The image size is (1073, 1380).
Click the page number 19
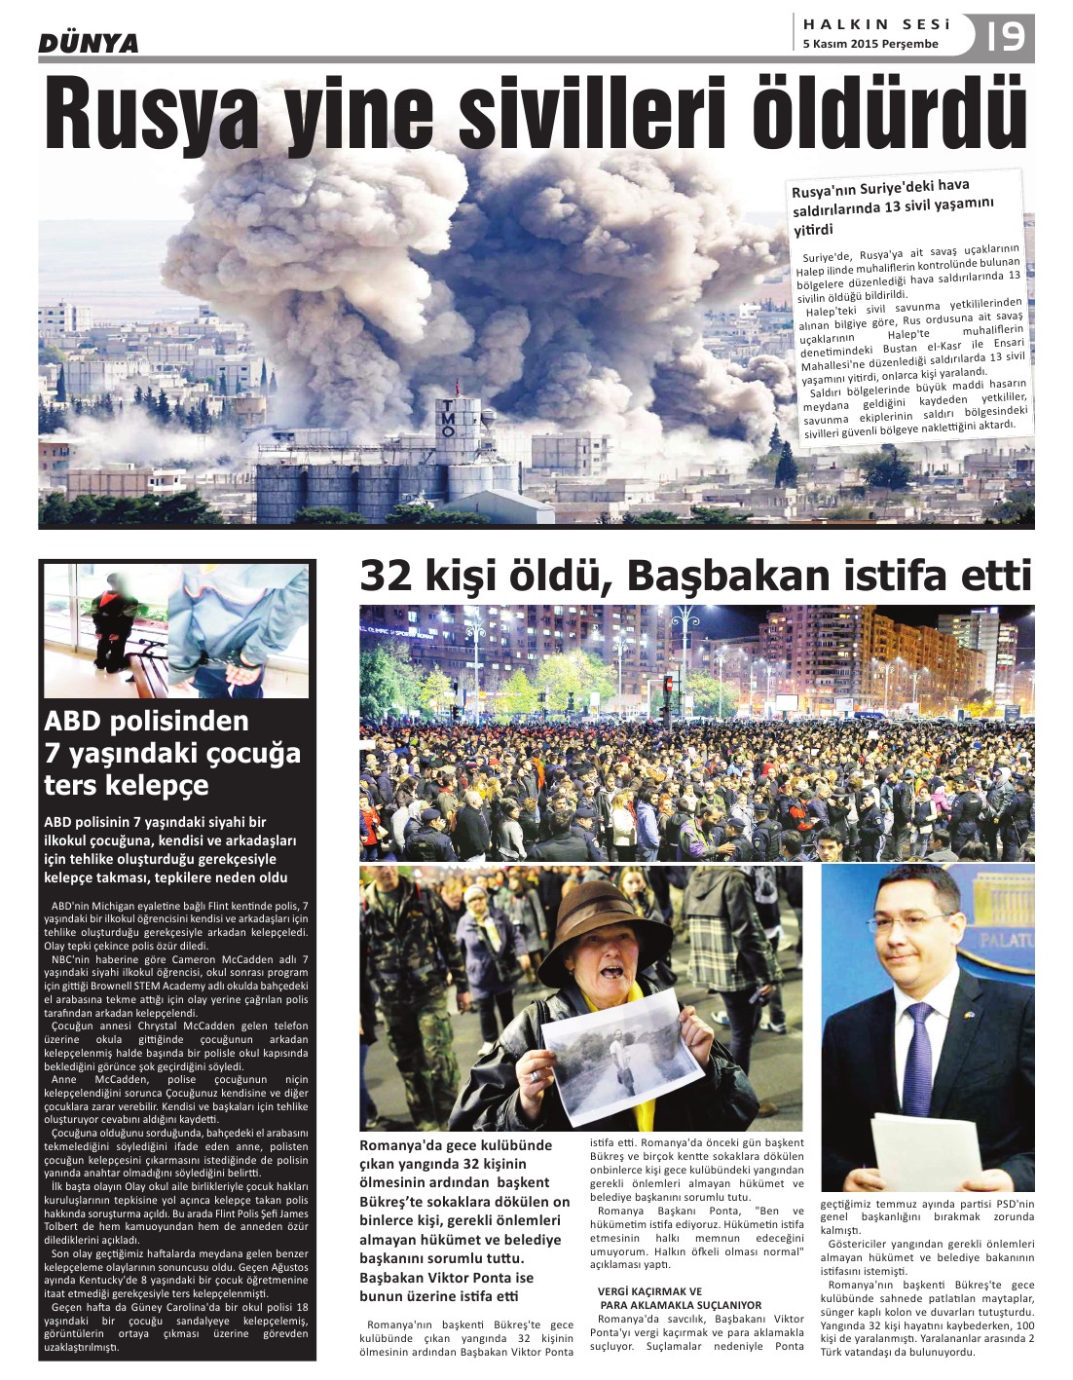[1005, 37]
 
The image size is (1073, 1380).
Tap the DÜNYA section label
[89, 44]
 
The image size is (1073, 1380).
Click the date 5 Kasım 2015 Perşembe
[870, 44]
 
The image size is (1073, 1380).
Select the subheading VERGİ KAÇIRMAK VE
[649, 1291]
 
